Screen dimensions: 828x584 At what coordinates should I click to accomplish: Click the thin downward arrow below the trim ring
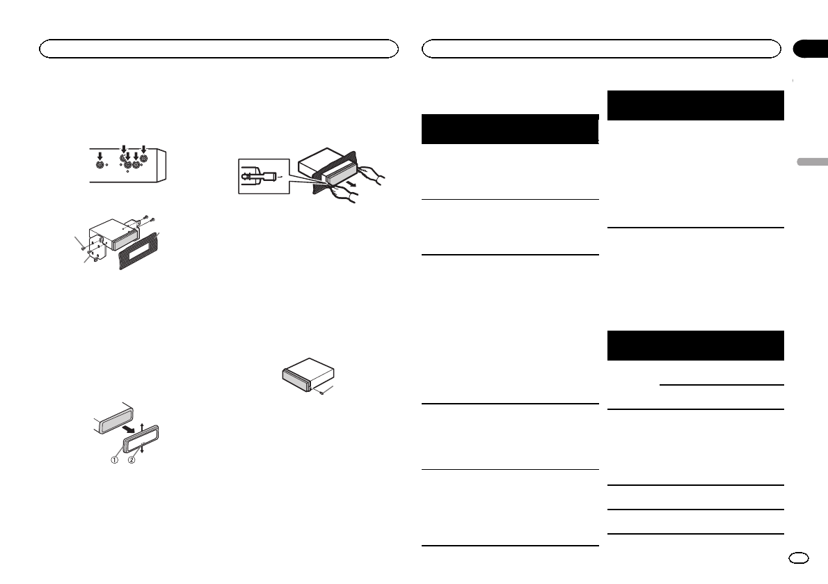coord(141,448)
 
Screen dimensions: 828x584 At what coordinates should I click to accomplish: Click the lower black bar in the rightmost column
coord(696,345)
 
